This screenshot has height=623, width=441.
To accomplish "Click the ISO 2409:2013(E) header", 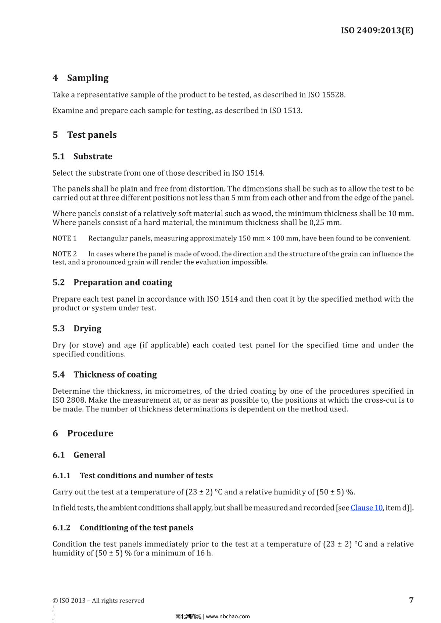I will point(377,30).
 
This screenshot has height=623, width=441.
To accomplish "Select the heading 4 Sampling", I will point(80,78).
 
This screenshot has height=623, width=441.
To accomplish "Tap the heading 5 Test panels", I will point(85,135).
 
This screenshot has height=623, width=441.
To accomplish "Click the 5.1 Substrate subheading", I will point(82,156).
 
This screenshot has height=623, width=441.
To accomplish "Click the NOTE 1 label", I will point(65,238).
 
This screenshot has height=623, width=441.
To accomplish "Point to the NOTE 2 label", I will point(65,254).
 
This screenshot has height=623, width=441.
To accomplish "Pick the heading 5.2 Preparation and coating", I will point(112,282).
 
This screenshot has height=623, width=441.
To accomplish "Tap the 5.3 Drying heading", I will point(77,328).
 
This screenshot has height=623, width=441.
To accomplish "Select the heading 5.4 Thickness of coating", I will point(104,375).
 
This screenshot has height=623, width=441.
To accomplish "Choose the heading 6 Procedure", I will point(83,433).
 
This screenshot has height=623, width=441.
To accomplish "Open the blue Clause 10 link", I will point(366,508).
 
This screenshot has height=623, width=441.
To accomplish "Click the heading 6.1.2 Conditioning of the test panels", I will point(123,528).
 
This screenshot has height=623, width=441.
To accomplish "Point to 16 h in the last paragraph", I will point(204,553).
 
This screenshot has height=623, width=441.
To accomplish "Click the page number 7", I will point(411,600).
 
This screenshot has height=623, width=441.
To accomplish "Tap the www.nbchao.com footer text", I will point(227,616).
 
